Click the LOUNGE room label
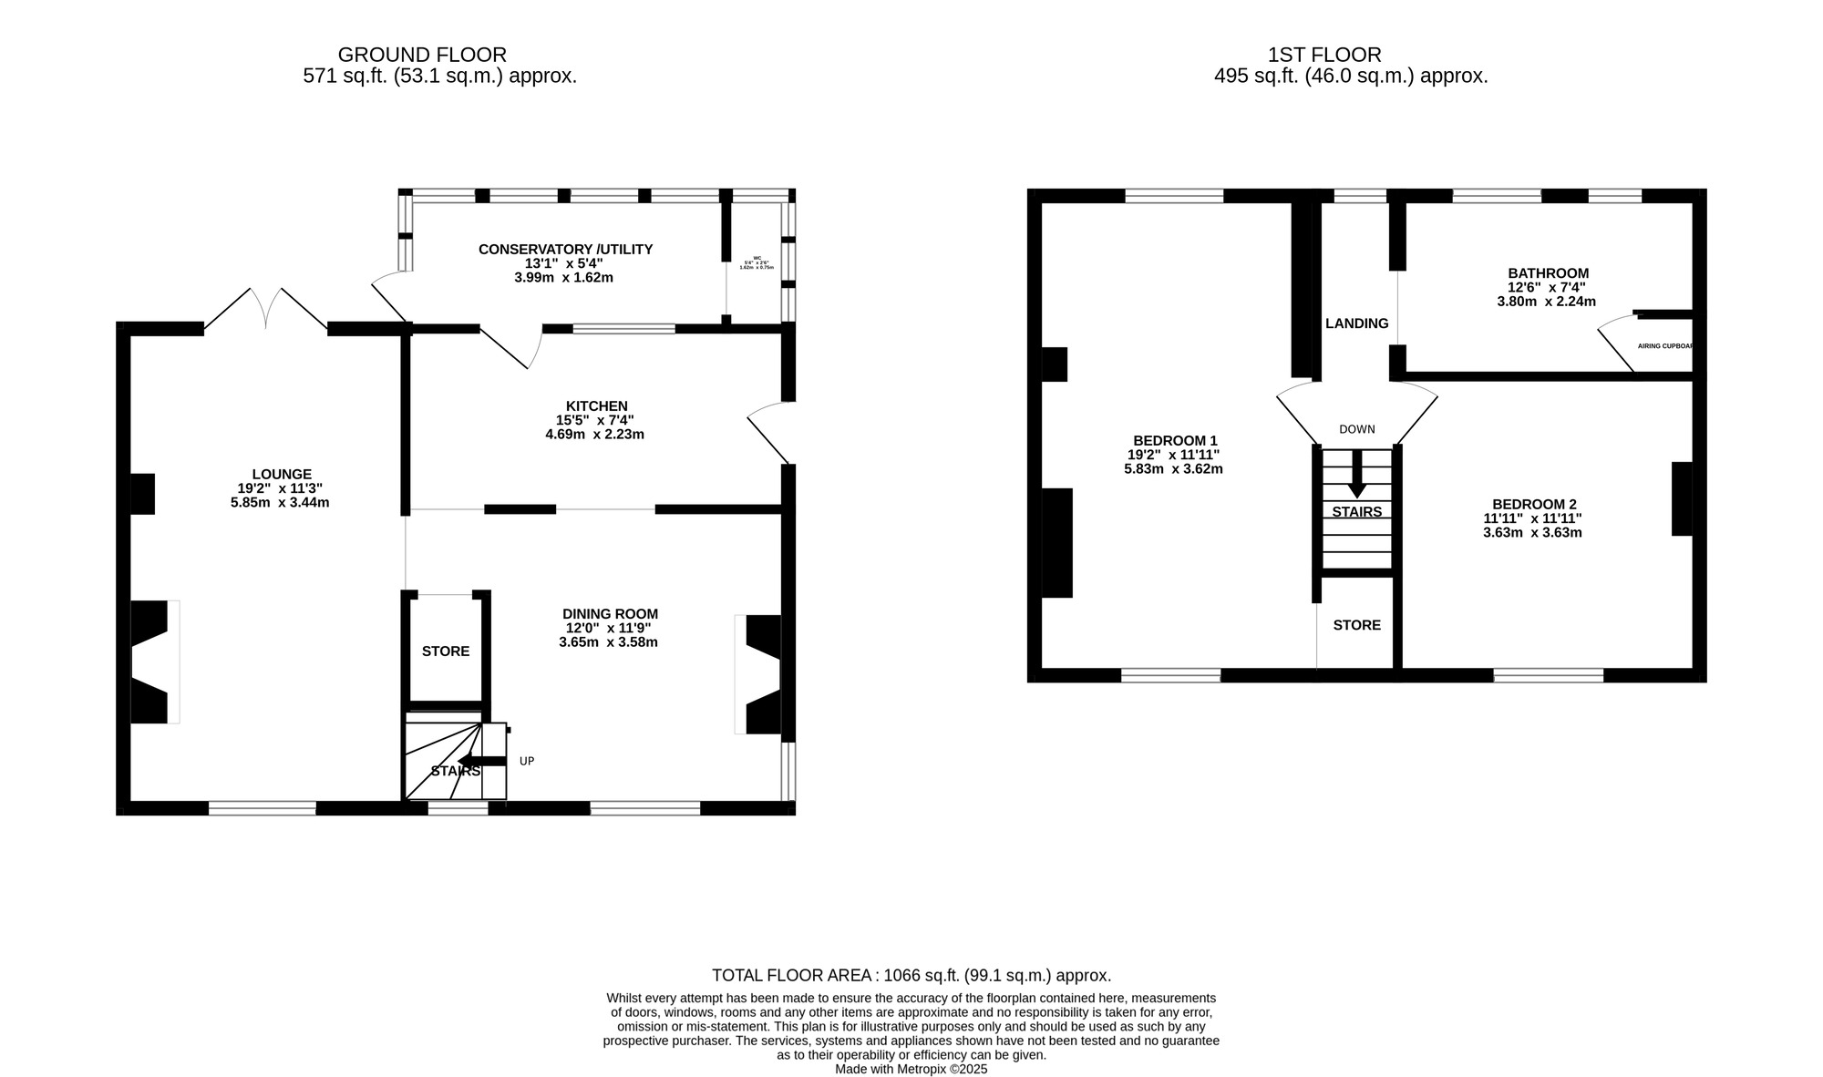282,474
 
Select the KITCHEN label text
596,405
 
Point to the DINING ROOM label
610,614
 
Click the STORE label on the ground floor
446,651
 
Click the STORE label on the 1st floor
1356,625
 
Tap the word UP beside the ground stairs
527,761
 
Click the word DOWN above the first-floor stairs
1356,429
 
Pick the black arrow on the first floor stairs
1356,474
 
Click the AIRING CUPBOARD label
1665,346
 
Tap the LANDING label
1356,323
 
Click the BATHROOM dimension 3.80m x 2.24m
1547,302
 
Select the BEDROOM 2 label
1533,504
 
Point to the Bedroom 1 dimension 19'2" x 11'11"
1173,455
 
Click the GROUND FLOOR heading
422,55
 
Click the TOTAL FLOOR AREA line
911,975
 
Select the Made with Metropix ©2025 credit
911,1070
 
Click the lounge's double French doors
265,308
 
